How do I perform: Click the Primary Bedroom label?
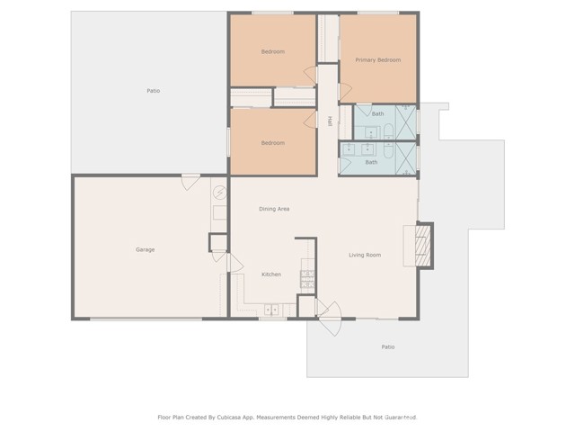(377, 60)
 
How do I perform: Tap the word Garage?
(145, 249)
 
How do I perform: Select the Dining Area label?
(274, 209)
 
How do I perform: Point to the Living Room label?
(365, 255)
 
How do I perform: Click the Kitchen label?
(271, 274)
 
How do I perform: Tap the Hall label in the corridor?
(329, 121)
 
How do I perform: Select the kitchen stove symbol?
(307, 278)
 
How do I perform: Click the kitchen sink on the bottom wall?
(271, 310)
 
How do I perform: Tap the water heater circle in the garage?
(219, 192)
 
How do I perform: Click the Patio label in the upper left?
(154, 91)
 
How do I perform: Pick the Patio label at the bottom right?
(388, 346)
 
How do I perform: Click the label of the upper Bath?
(378, 114)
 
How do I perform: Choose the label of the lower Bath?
(371, 162)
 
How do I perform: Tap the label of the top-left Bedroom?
(273, 51)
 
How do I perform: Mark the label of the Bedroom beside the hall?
(273, 143)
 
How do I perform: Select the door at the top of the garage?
(191, 181)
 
